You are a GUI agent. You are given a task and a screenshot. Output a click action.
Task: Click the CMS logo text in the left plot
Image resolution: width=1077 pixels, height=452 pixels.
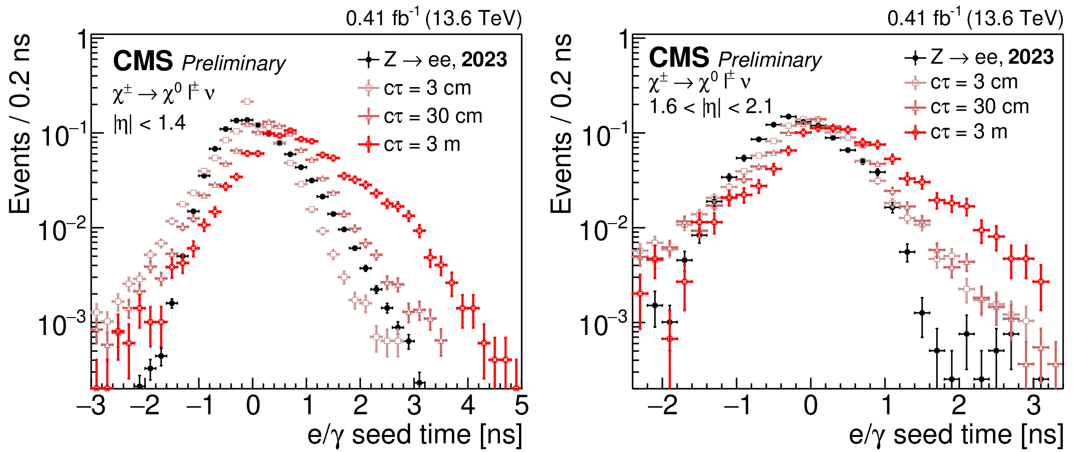tap(143, 61)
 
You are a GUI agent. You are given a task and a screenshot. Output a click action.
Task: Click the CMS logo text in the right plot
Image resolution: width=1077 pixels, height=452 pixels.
tap(678, 58)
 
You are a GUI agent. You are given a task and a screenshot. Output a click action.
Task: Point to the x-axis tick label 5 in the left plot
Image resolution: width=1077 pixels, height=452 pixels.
tap(521, 406)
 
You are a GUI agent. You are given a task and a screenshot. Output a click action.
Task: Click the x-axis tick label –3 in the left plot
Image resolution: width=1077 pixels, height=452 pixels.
tap(91, 406)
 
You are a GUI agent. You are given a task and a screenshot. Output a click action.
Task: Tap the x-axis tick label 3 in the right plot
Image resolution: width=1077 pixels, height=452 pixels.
tap(1034, 406)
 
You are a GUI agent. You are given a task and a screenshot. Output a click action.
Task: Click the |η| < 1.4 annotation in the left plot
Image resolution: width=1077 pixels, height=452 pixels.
tap(149, 124)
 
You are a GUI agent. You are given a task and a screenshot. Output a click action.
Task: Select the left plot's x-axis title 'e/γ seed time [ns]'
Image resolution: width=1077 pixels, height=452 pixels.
tap(415, 435)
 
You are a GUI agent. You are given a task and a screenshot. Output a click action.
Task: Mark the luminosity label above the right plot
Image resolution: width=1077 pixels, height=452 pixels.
tap(975, 18)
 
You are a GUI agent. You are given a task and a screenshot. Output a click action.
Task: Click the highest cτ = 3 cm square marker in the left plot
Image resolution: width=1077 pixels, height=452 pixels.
tap(247, 101)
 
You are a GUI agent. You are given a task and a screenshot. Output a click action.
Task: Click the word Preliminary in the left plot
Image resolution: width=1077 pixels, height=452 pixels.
tap(234, 63)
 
